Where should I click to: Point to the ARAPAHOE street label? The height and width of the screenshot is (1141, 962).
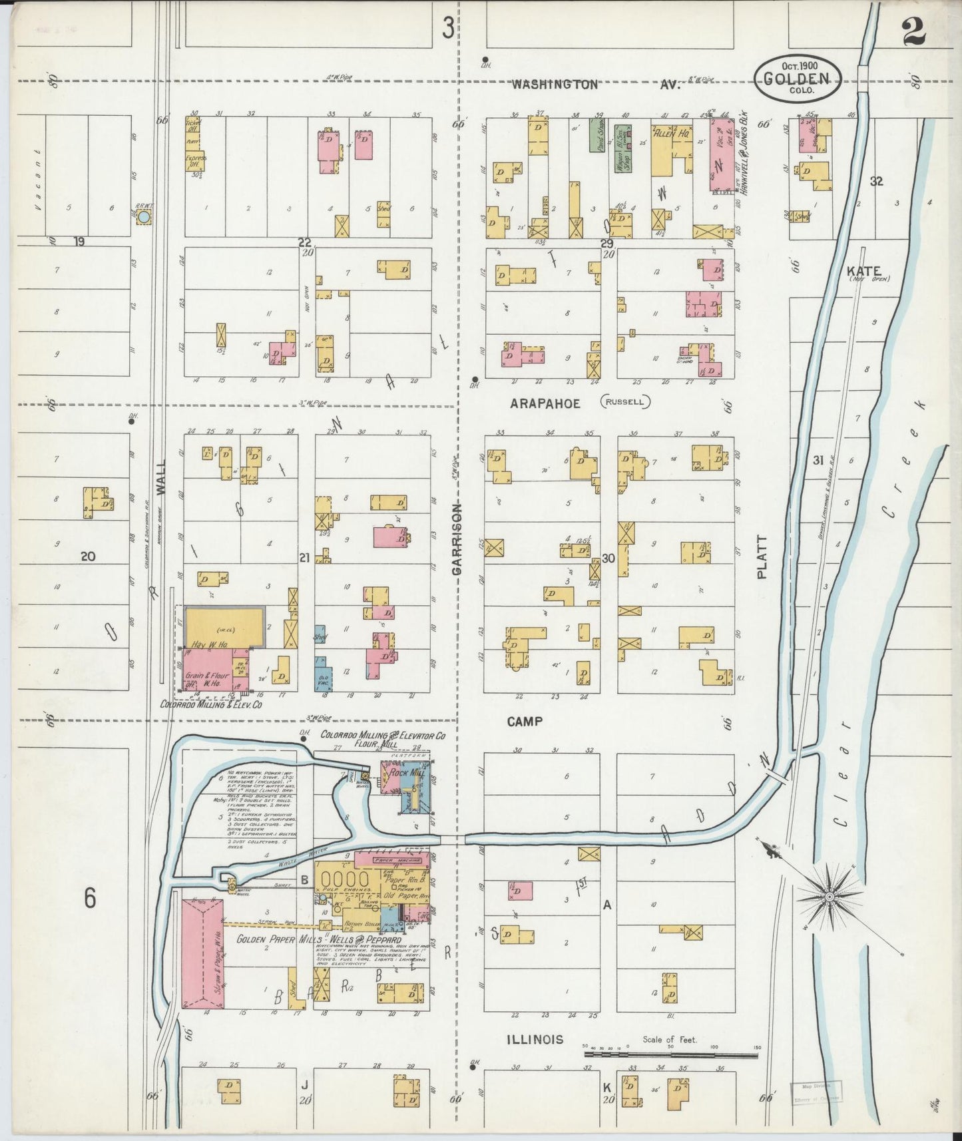(x=545, y=403)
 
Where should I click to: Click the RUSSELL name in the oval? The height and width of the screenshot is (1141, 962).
(x=625, y=401)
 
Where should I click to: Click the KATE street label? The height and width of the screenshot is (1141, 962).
(x=864, y=271)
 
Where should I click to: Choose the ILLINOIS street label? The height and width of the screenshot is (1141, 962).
(x=535, y=1039)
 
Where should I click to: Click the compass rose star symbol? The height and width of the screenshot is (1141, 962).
(x=830, y=897)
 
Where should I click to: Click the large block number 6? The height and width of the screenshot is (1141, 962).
(x=90, y=898)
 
